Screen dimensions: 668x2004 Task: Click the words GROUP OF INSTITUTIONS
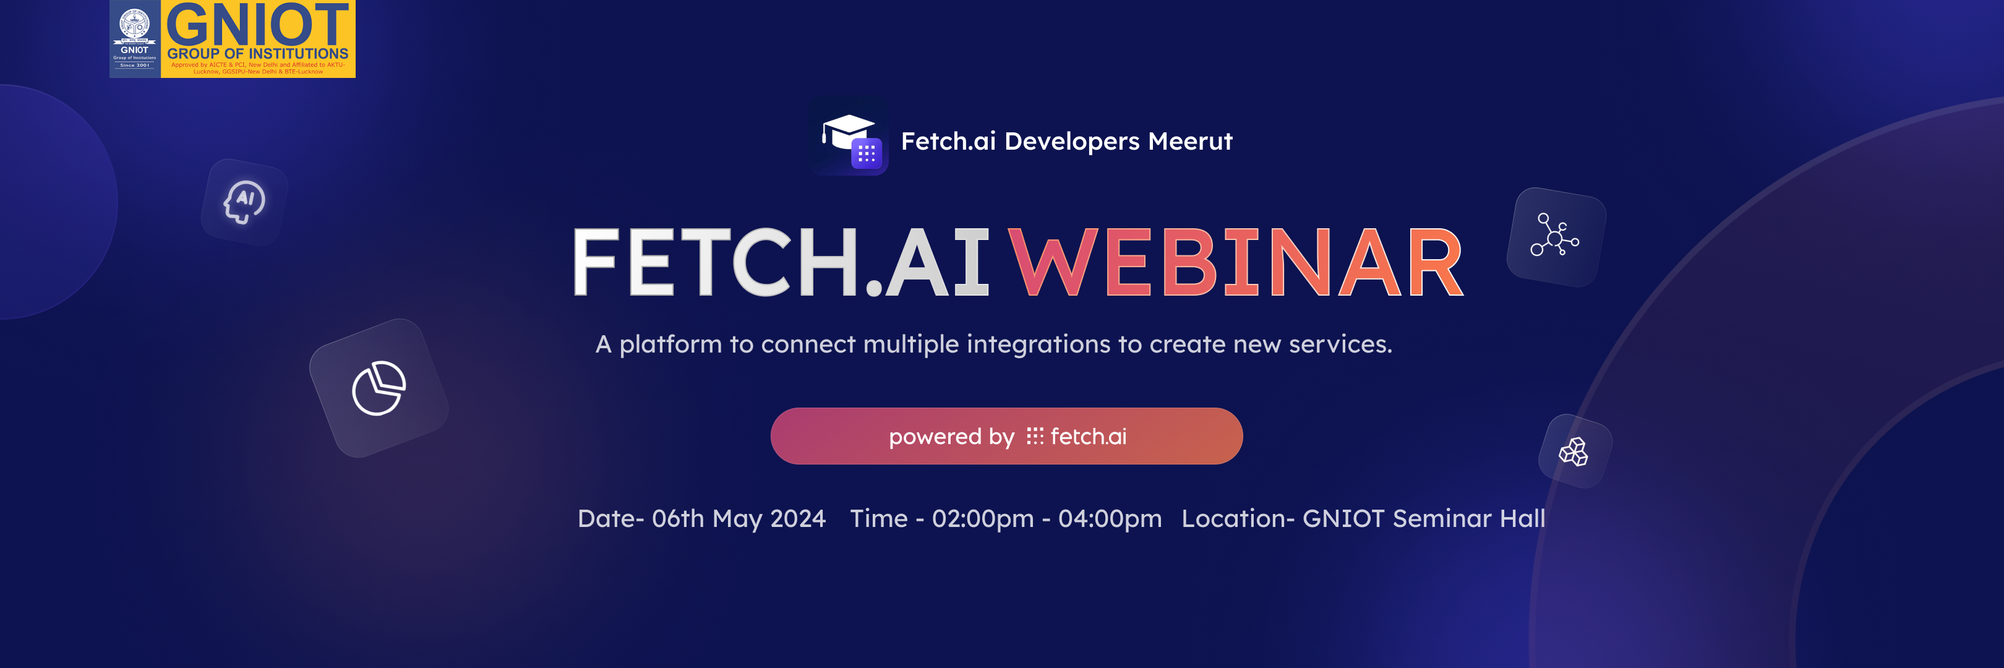point(257,54)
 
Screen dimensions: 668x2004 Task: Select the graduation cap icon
point(847,132)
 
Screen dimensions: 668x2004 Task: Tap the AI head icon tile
point(244,202)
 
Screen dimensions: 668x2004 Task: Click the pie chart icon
point(379,388)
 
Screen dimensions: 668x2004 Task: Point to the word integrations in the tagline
point(1038,344)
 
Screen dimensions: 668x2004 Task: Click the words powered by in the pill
point(951,437)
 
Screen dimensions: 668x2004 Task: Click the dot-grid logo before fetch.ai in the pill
point(1034,436)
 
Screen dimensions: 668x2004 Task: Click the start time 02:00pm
point(983,519)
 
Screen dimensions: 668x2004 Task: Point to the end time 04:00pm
point(1110,519)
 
